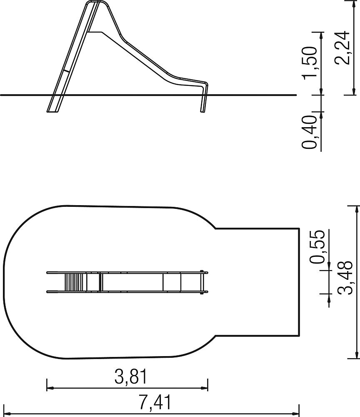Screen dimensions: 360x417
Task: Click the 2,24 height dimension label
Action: (x=342, y=48)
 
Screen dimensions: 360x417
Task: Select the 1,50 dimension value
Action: (x=310, y=63)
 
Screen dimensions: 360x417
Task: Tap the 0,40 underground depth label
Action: (x=310, y=132)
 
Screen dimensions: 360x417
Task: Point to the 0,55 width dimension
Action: (x=317, y=246)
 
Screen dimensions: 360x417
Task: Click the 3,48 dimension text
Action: (x=345, y=278)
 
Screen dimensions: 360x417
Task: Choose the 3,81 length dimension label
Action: (x=131, y=377)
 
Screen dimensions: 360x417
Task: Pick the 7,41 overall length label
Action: (x=155, y=402)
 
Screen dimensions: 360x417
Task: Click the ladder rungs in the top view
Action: (x=74, y=282)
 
